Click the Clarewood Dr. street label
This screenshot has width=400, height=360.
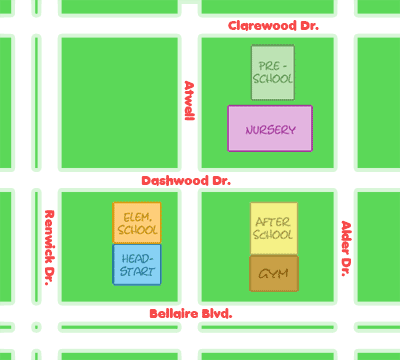[x=273, y=25]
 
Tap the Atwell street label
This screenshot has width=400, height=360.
[x=188, y=101]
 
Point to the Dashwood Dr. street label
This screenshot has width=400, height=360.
[x=186, y=181]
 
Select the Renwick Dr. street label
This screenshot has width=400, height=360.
[x=47, y=246]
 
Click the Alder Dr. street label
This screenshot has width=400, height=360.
[x=346, y=248]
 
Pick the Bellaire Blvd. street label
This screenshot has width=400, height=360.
[x=190, y=313]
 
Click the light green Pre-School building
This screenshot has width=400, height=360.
[x=273, y=72]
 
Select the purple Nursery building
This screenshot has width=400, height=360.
[x=270, y=128]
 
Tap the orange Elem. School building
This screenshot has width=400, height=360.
[x=137, y=222]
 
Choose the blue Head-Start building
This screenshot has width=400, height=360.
[x=137, y=264]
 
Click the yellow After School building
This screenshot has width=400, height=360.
[x=273, y=228]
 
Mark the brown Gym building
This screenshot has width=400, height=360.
[x=274, y=273]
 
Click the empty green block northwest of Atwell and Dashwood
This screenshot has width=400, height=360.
[x=118, y=101]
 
